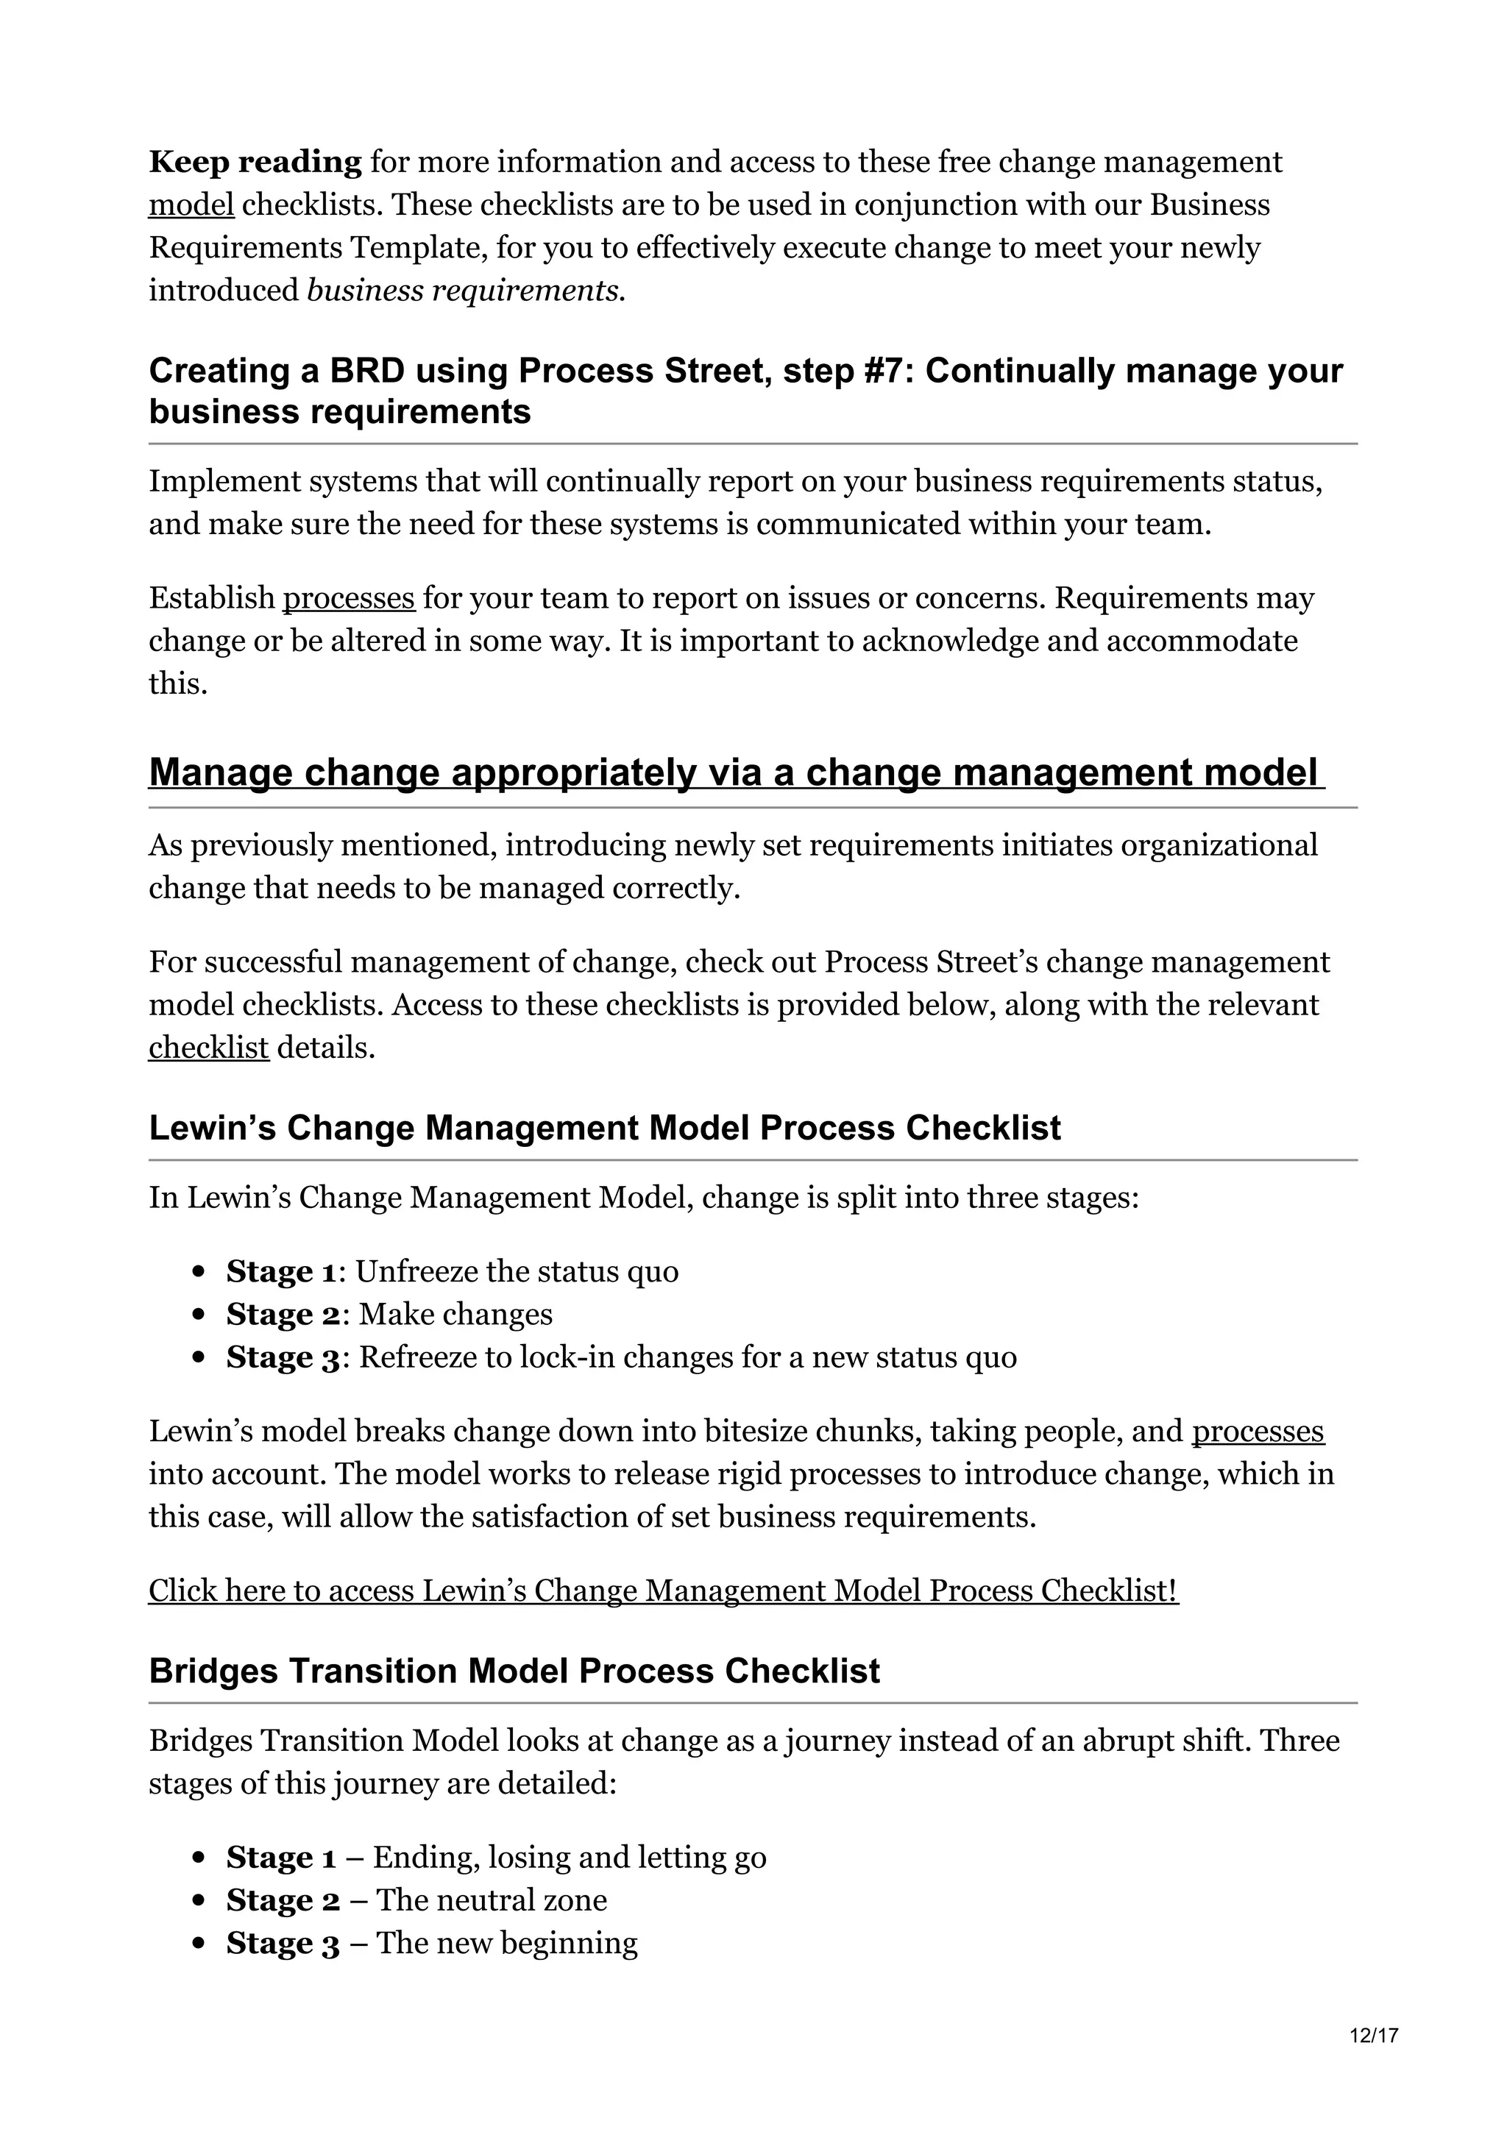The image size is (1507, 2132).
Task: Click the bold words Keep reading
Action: click(x=255, y=163)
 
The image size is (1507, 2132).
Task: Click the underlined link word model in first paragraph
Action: click(x=191, y=205)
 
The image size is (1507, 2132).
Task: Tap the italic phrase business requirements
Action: click(x=465, y=291)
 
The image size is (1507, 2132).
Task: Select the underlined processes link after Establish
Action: click(x=348, y=599)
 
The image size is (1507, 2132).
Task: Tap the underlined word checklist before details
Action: click(x=208, y=1048)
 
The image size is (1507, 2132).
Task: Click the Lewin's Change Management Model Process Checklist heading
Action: click(x=604, y=1129)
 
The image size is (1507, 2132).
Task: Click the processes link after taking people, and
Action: click(x=1258, y=1432)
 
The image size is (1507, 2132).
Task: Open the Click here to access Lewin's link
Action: click(x=663, y=1591)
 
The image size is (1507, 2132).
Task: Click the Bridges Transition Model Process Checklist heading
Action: click(x=514, y=1671)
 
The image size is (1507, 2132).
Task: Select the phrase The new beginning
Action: click(x=507, y=1943)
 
